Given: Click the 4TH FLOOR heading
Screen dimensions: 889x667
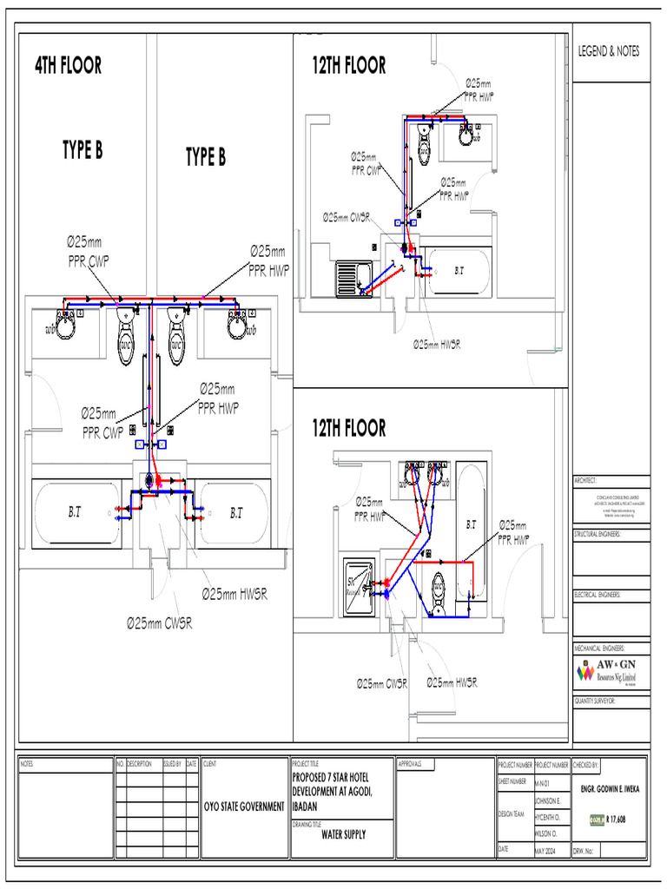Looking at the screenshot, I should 68,65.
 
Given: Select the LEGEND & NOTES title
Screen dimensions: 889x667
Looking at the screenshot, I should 609,52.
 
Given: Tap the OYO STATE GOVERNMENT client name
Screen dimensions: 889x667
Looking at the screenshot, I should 243,807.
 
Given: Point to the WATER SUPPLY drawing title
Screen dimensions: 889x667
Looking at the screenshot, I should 343,834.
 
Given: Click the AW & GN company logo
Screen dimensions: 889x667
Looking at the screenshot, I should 610,671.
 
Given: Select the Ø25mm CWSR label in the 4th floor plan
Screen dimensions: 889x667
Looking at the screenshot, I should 159,622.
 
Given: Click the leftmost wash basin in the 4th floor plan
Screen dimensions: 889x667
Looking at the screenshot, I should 64,325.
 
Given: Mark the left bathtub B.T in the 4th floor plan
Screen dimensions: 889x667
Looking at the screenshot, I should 76,513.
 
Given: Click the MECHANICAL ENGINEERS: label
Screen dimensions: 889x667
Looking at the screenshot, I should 599,649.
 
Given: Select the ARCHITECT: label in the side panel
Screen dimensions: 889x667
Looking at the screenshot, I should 587,481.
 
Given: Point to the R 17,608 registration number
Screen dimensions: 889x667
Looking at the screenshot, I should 617,819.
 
